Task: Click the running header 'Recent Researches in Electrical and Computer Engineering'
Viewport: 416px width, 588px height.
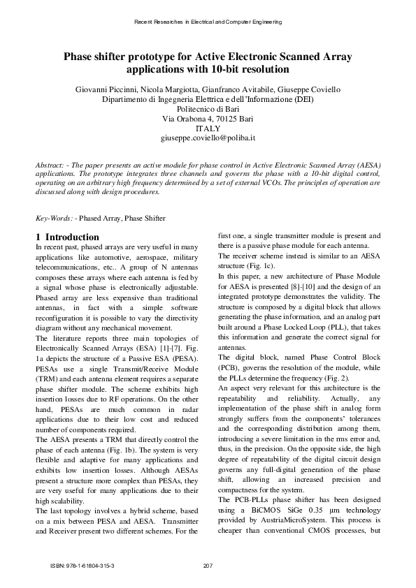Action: (208, 22)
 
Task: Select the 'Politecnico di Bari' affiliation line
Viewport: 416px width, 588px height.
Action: (208, 109)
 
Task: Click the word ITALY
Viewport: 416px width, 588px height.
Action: (208, 128)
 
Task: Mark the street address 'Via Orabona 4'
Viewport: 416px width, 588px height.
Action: (187, 119)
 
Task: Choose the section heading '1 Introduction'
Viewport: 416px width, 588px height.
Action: (67, 237)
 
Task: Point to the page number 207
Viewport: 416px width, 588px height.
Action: (208, 564)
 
